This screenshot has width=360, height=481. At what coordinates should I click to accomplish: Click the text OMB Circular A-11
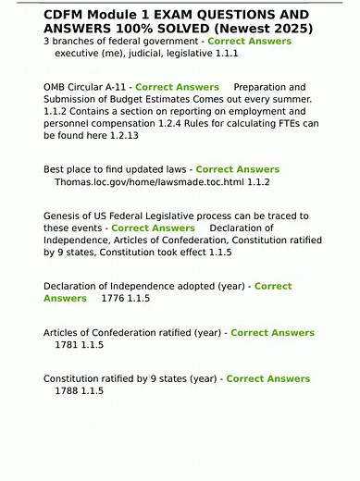[84, 87]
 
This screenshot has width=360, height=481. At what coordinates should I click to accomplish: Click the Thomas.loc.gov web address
[151, 182]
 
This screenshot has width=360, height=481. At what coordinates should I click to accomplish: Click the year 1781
[68, 345]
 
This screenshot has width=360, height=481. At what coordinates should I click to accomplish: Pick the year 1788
[68, 391]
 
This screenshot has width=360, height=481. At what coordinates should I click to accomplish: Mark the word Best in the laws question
[56, 169]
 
